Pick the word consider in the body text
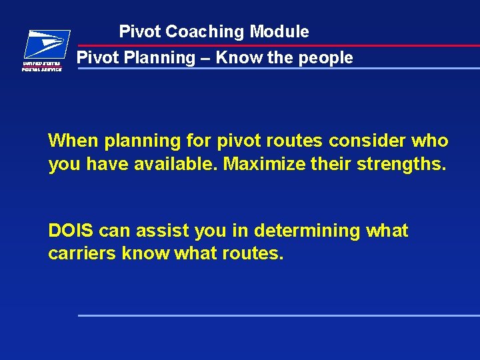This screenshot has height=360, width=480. (x=367, y=141)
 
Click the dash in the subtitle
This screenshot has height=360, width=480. (x=204, y=58)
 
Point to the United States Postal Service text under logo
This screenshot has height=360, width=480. (x=43, y=67)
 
